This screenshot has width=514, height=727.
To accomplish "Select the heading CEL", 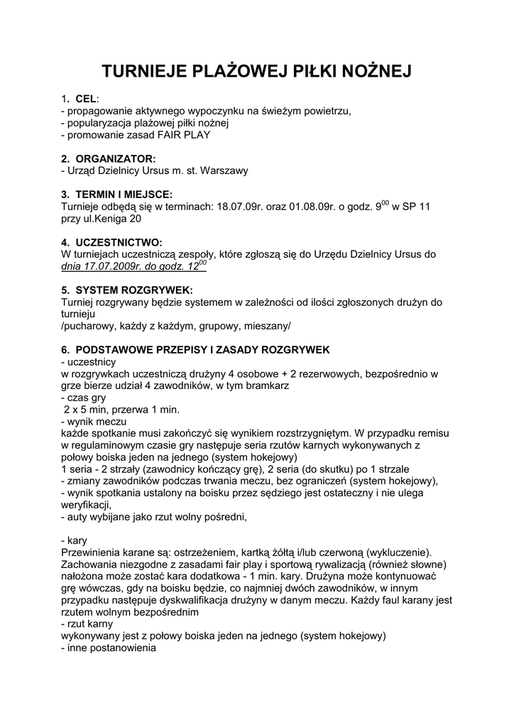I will pos(85,99).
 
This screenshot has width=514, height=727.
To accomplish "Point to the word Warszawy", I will pos(225,170).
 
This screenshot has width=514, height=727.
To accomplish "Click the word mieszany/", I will pos(268,326).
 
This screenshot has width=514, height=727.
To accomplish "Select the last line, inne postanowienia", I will pos(109,648).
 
